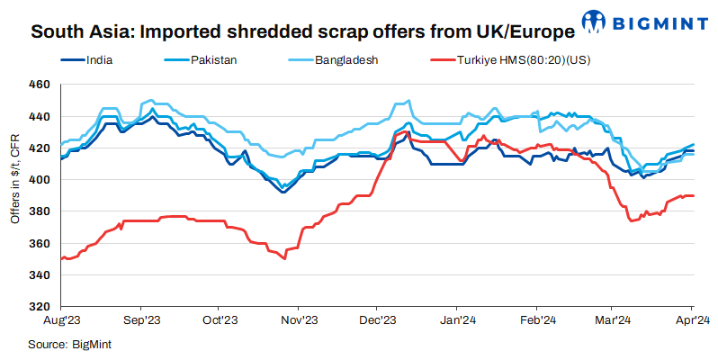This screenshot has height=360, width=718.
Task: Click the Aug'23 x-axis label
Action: tap(61, 319)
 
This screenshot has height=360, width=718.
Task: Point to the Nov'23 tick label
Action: tap(298, 319)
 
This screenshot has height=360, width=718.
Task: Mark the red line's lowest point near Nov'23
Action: tap(284, 258)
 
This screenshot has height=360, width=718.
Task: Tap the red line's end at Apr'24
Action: tap(693, 195)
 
